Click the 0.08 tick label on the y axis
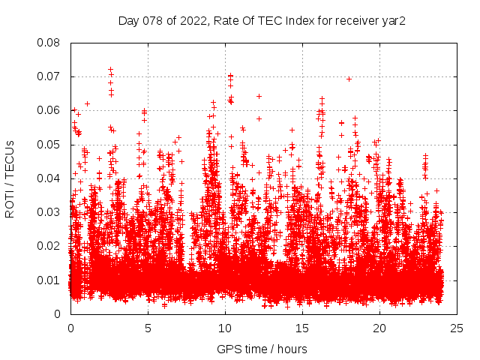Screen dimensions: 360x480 coord(50,43)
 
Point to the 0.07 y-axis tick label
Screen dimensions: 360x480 coord(50,76)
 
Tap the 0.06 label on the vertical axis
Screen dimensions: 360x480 coord(50,110)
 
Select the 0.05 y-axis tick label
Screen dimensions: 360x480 coord(50,145)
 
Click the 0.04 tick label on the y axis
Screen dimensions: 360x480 coord(50,178)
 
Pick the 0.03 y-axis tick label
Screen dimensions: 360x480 coord(50,212)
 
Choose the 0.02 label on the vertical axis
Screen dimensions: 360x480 coord(50,246)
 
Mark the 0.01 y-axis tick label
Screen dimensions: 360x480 coord(50,280)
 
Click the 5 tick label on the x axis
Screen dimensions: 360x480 coord(148,328)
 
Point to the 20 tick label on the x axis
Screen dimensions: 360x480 coord(379,328)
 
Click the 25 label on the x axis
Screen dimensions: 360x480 coord(457,328)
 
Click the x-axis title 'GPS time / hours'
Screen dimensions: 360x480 coord(262,349)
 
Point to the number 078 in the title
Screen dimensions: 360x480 coord(151,21)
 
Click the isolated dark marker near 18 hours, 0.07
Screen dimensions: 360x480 coord(349,79)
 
